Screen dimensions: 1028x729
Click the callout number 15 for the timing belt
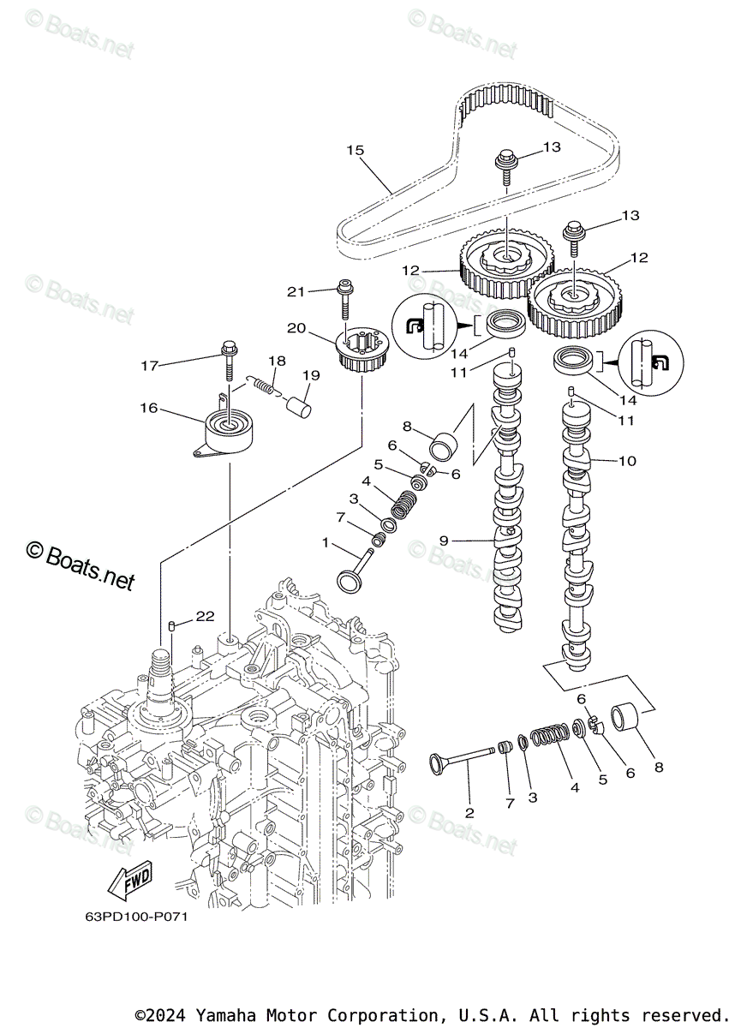(355, 151)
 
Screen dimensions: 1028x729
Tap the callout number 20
(296, 328)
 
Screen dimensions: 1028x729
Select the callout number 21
(296, 292)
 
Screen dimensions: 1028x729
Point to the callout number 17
(151, 366)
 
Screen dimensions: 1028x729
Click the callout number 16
(149, 408)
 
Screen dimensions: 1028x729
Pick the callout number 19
(310, 374)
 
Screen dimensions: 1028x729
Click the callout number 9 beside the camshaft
(444, 541)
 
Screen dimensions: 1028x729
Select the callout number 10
(627, 461)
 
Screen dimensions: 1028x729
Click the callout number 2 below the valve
(469, 812)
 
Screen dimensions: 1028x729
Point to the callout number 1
(326, 543)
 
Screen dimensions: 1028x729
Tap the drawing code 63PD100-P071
(136, 916)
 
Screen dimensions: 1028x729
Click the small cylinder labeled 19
(297, 402)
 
